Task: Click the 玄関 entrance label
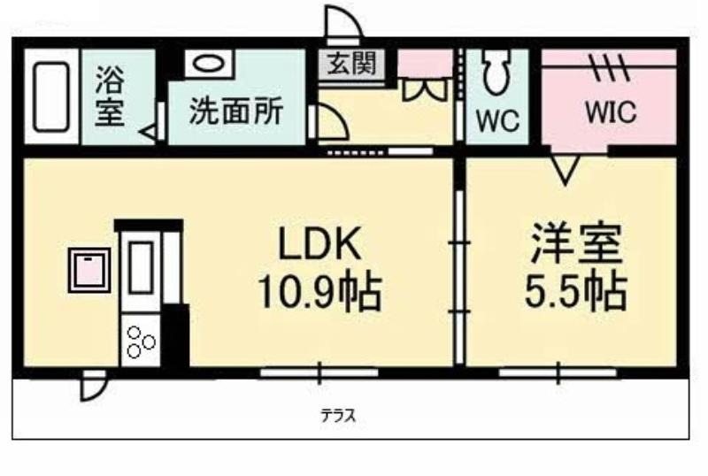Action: pyautogui.click(x=351, y=63)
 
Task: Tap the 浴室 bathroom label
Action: pyautogui.click(x=110, y=96)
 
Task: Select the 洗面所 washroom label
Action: pyautogui.click(x=236, y=111)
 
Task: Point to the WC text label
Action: pyautogui.click(x=497, y=120)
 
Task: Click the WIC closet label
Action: pyautogui.click(x=611, y=111)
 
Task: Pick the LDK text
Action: pyautogui.click(x=319, y=243)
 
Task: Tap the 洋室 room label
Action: pyautogui.click(x=576, y=243)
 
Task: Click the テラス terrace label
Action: pyautogui.click(x=338, y=415)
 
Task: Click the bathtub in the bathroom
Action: pyautogui.click(x=51, y=97)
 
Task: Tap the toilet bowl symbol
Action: pyautogui.click(x=496, y=72)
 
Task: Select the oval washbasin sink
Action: pyautogui.click(x=209, y=63)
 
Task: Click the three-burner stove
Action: pyautogui.click(x=141, y=341)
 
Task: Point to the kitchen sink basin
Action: pyautogui.click(x=141, y=268)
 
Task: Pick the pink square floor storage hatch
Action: pyautogui.click(x=89, y=270)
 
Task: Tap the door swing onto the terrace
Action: pyautogui.click(x=93, y=386)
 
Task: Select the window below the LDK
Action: pyautogui.click(x=319, y=373)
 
